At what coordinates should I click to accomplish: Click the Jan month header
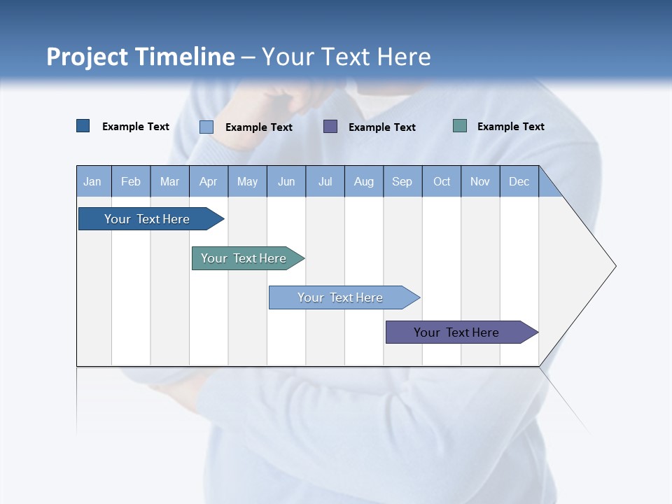pos(93,181)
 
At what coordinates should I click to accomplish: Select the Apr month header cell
pos(209,181)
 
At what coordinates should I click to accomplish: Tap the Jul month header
pos(325,181)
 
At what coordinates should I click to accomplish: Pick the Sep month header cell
pos(402,181)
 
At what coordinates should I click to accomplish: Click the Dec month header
pos(519,181)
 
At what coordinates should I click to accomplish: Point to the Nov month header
pos(480,181)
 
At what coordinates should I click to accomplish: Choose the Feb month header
pos(131,181)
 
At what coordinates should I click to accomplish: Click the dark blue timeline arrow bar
pos(147,219)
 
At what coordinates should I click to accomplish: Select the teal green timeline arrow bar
pos(244,258)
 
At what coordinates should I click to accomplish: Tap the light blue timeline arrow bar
pos(340,297)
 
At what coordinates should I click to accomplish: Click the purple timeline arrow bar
pos(456,332)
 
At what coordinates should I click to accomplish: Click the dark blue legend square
pos(83,126)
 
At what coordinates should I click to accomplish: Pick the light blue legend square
pos(206,127)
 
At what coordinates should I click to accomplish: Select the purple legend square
pos(330,127)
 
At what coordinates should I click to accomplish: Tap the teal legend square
pos(460,126)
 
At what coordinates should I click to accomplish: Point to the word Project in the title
pos(87,57)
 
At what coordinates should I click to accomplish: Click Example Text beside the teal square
pos(510,127)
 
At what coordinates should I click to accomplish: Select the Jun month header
pos(286,181)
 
